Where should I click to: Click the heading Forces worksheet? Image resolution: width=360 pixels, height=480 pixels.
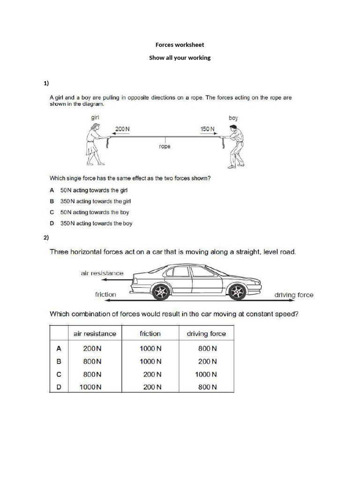coord(180,45)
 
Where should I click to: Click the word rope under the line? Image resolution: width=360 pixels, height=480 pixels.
coord(165,146)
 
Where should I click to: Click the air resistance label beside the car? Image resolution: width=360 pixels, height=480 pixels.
coord(103,273)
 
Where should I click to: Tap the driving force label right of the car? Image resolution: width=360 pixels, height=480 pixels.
coord(293,295)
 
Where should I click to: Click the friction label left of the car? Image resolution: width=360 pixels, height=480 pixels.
coord(105,294)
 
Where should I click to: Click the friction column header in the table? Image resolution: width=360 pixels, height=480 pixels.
coord(150,334)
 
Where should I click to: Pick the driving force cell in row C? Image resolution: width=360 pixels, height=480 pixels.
coord(206,375)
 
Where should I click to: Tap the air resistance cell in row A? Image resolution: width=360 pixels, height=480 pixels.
coord(92,348)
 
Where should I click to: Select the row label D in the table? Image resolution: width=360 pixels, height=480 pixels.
coord(59,387)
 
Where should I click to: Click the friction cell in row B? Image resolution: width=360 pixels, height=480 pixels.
coord(150,361)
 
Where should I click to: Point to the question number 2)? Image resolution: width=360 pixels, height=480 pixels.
coord(46,238)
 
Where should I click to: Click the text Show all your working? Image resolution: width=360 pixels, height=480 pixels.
coord(180,58)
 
